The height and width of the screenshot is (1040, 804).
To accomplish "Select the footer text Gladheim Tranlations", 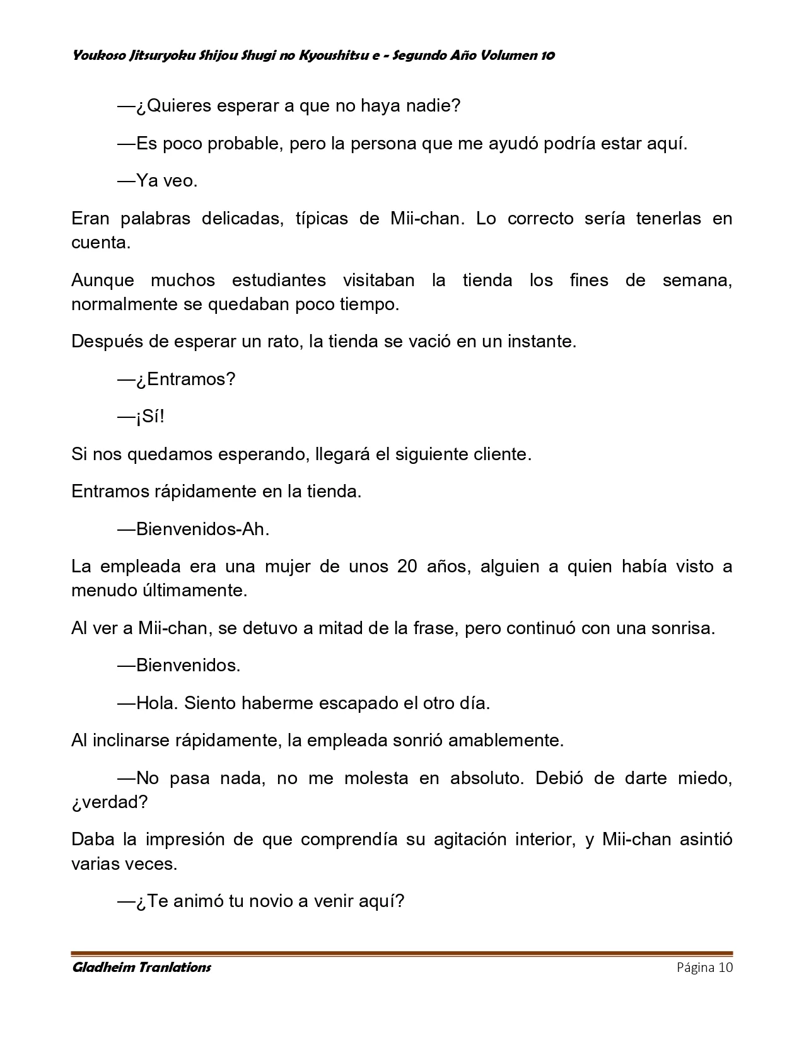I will (141, 968).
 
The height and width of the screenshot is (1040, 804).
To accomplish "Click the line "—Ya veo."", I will (158, 181).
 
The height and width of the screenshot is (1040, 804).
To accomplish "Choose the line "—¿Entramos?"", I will (177, 379).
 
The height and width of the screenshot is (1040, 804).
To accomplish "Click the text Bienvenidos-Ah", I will (202, 529).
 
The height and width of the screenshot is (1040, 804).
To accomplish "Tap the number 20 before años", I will (407, 566).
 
